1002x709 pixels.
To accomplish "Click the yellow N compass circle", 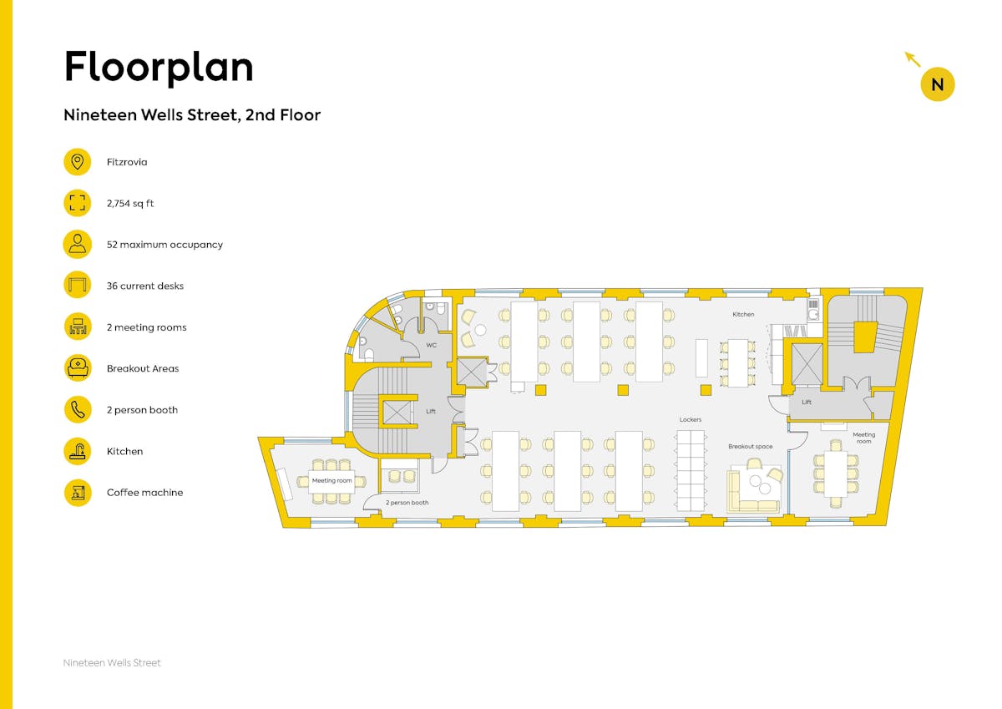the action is click(x=938, y=84).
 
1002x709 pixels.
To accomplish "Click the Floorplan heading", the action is click(x=159, y=67).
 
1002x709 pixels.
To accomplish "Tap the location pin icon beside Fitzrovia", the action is click(x=78, y=162).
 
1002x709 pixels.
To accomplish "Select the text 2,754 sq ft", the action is click(x=130, y=204).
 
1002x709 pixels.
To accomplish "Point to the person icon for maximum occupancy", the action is click(x=78, y=244).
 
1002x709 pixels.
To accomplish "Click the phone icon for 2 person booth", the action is click(x=78, y=410).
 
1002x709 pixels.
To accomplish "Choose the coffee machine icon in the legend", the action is click(x=78, y=493).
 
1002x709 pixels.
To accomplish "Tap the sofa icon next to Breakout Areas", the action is click(x=78, y=368).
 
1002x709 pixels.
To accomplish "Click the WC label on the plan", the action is click(x=431, y=346).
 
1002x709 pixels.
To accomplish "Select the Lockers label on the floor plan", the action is click(x=691, y=419).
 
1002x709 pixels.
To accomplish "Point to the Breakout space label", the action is click(x=750, y=447).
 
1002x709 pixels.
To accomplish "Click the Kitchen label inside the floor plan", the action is click(x=743, y=315).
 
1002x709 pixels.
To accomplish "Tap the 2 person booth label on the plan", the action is click(x=407, y=503).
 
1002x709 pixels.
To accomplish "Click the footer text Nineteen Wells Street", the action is click(x=112, y=662).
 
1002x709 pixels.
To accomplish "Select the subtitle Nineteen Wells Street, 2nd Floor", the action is click(x=192, y=115).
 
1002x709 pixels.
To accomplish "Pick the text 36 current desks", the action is click(x=145, y=286).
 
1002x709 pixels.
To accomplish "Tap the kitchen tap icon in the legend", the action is click(x=78, y=451).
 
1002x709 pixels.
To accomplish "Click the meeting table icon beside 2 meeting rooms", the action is click(x=78, y=327).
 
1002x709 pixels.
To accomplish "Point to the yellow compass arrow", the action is click(x=913, y=59).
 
